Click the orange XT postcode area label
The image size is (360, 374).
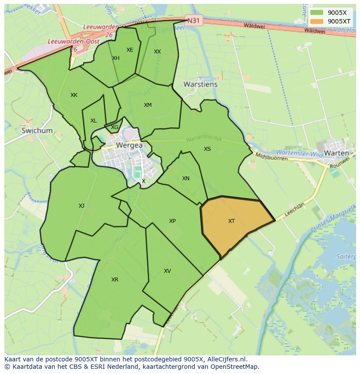231,221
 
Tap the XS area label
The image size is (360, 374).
207,149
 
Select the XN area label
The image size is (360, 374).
186,179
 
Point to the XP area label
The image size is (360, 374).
172,221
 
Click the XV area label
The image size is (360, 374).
167,271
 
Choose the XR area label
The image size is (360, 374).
115,280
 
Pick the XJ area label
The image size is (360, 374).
82,206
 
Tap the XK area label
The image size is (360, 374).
74,95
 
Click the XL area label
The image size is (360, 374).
93,121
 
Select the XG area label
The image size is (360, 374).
114,127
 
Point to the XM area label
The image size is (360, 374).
148,105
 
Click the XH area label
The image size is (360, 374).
116,58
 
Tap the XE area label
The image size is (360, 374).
130,50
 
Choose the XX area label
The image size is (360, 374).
157,52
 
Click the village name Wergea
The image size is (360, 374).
129,146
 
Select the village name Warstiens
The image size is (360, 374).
200,84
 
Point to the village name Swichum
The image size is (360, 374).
37,130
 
